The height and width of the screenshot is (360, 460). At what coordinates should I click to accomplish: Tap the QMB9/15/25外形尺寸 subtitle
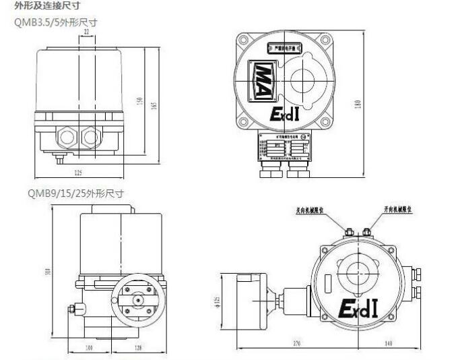(x=75, y=193)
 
